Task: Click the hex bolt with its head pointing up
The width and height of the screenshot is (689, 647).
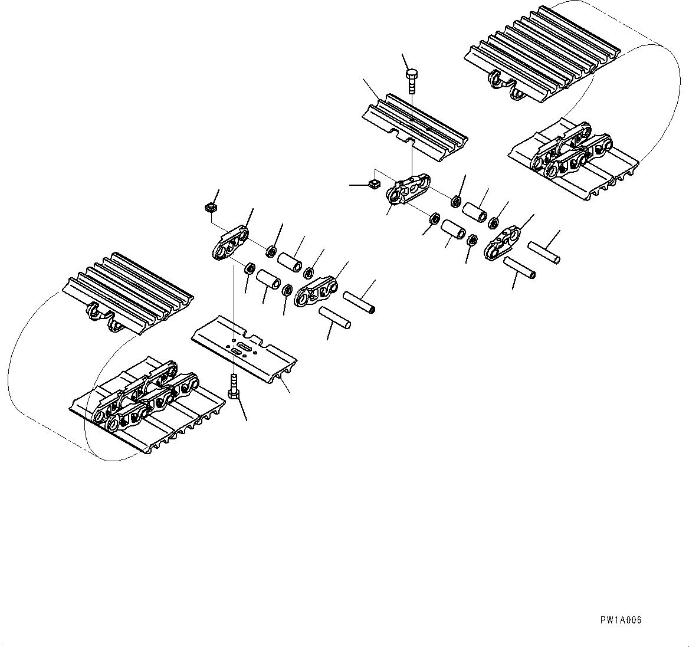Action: click(412, 81)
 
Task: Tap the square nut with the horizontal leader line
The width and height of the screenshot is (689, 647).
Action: click(372, 185)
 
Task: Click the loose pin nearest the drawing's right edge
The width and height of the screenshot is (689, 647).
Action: click(543, 252)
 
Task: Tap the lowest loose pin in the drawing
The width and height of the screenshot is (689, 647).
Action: click(334, 318)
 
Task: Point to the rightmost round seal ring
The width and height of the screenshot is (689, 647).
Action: click(494, 222)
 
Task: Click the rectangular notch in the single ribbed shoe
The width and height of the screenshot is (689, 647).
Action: click(403, 139)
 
